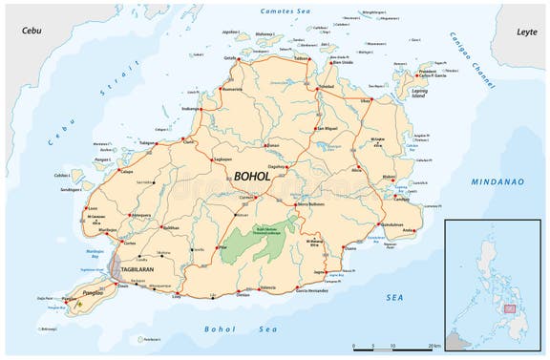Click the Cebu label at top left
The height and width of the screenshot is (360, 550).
click(x=32, y=31)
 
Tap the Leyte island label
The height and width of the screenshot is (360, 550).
click(x=524, y=31)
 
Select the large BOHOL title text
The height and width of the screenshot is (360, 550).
click(x=251, y=176)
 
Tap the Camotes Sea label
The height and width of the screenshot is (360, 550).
click(x=287, y=11)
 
